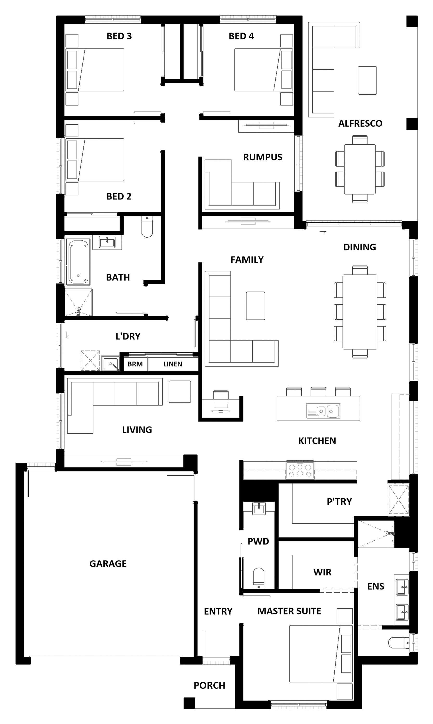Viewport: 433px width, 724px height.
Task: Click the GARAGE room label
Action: [x=108, y=564]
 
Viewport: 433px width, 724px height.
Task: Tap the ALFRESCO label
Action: [x=360, y=123]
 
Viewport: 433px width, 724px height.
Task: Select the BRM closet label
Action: [x=135, y=364]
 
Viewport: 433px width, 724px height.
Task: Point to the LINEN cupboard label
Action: [x=173, y=364]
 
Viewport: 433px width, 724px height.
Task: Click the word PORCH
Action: [x=209, y=685]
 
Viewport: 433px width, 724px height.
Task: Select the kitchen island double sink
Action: [x=323, y=411]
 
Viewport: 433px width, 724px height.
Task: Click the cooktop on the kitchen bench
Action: [x=300, y=470]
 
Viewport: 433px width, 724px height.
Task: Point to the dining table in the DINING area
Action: [x=360, y=312]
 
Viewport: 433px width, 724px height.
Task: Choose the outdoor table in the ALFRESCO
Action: [x=360, y=169]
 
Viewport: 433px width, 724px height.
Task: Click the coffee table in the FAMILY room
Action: [x=256, y=306]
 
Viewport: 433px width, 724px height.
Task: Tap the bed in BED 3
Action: [x=95, y=70]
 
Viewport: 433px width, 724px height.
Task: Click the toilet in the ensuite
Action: [x=399, y=643]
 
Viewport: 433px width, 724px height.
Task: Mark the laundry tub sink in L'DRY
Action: [x=110, y=363]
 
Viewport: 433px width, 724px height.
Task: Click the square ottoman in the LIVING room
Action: [x=180, y=392]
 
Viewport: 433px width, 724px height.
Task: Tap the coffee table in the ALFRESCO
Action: [x=367, y=80]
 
